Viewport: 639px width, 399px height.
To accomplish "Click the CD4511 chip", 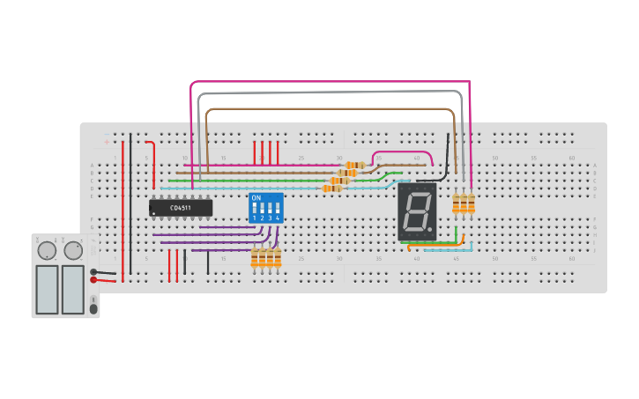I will point(181,208).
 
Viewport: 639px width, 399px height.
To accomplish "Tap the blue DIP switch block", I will point(266,209).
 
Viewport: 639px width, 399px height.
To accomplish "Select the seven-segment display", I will point(417,211).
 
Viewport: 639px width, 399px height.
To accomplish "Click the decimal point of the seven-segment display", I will point(431,231).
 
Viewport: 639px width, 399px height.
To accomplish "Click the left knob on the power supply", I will point(47,251).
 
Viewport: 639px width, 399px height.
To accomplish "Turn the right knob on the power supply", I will point(73,251).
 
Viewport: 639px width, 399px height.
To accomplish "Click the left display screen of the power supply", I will point(47,289).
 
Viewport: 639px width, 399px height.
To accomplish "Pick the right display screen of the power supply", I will point(73,289).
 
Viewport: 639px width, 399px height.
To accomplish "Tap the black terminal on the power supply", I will point(93,272).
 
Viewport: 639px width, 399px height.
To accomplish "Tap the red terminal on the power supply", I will point(93,280).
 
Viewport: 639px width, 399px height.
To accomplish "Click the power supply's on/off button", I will point(93,308).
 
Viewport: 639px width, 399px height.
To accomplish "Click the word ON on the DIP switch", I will point(256,198).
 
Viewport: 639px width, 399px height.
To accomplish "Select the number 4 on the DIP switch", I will point(278,218).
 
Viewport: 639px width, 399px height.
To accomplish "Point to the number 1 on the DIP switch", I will point(255,218).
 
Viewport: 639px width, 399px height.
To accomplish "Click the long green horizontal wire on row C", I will point(264,181).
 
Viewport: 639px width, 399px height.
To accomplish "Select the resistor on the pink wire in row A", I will point(355,165).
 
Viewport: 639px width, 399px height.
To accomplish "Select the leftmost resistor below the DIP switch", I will point(255,258).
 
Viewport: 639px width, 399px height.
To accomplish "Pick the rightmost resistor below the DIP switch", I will point(278,258).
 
